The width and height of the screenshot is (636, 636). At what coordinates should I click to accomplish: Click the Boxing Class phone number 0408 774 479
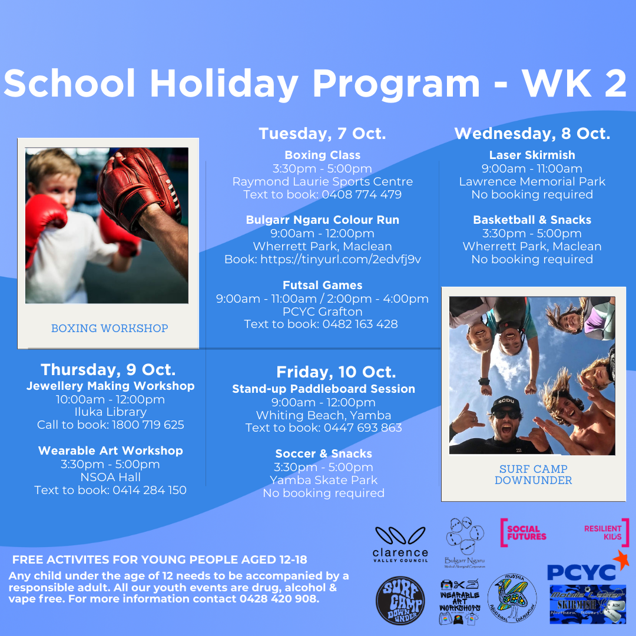pyautogui.click(x=362, y=194)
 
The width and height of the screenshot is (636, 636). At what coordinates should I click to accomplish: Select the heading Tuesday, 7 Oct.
pyautogui.click(x=322, y=134)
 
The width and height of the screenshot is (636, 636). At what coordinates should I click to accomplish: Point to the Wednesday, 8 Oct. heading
pyautogui.click(x=532, y=134)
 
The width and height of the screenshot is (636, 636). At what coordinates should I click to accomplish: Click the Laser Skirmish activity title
pyautogui.click(x=532, y=155)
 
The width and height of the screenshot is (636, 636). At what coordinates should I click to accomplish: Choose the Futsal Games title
pyautogui.click(x=322, y=285)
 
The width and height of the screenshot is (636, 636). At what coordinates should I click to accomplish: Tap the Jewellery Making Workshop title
pyautogui.click(x=110, y=386)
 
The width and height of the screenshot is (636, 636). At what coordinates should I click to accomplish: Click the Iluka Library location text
pyautogui.click(x=110, y=412)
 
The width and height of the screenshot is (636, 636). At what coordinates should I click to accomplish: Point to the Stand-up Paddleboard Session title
pyautogui.click(x=323, y=389)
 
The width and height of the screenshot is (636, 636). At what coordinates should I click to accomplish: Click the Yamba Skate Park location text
pyautogui.click(x=323, y=480)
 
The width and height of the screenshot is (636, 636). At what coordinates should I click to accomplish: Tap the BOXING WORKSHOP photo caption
pyautogui.click(x=110, y=329)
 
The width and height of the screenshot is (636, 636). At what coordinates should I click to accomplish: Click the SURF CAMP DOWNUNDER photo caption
pyautogui.click(x=533, y=475)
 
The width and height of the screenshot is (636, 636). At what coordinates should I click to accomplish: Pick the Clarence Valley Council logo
pyautogui.click(x=400, y=545)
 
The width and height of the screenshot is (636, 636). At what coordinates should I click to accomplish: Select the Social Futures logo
pyautogui.click(x=523, y=532)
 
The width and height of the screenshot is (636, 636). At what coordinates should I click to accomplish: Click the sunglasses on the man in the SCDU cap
pyautogui.click(x=507, y=414)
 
